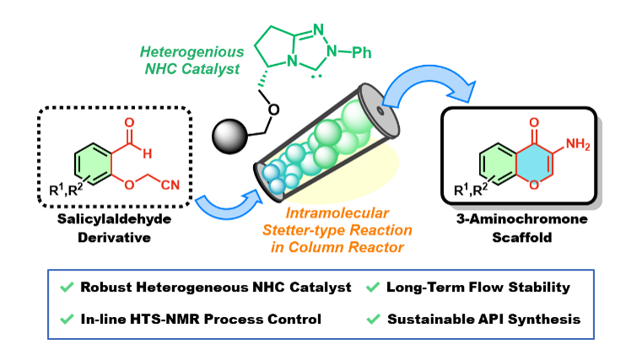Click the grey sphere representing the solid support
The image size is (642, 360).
230,137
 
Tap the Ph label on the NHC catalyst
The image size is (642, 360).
362,52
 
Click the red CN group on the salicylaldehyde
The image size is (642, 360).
170,185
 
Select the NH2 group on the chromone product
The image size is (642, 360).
578,144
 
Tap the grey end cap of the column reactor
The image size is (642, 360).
379,110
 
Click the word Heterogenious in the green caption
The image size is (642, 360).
192,52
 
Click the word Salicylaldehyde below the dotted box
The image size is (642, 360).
114,219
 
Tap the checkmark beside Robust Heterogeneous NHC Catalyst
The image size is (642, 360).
67,287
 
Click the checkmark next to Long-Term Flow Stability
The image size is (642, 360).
373,287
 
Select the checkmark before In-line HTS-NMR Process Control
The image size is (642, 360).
67,319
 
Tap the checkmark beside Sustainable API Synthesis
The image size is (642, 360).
373,319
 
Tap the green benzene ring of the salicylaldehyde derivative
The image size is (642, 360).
94,164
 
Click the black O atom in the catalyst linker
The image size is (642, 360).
273,110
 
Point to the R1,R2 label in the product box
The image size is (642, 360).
471,190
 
